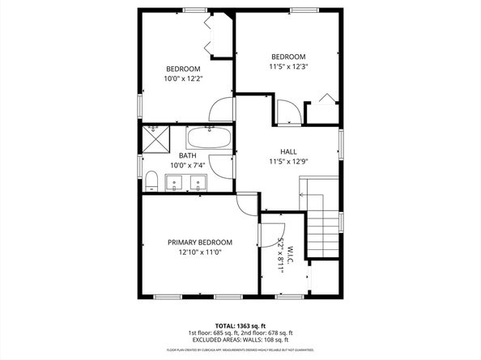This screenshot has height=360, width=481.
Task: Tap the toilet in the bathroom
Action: (x=151, y=180)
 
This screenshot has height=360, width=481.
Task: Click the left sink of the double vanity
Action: (x=176, y=184)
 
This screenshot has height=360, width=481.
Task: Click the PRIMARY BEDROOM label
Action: (x=200, y=242)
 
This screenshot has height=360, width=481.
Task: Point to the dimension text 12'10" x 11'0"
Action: (x=200, y=252)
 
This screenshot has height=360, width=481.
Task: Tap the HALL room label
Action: (x=288, y=151)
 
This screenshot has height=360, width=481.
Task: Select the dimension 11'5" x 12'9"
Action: (x=288, y=161)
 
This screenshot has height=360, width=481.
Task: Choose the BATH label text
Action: (x=187, y=155)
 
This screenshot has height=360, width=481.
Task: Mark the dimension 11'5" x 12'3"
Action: (x=290, y=67)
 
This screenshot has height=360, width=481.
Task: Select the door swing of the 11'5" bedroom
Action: (x=287, y=111)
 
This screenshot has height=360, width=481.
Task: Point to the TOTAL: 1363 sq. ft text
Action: (x=240, y=324)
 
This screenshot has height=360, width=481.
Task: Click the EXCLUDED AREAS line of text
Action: (x=240, y=339)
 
